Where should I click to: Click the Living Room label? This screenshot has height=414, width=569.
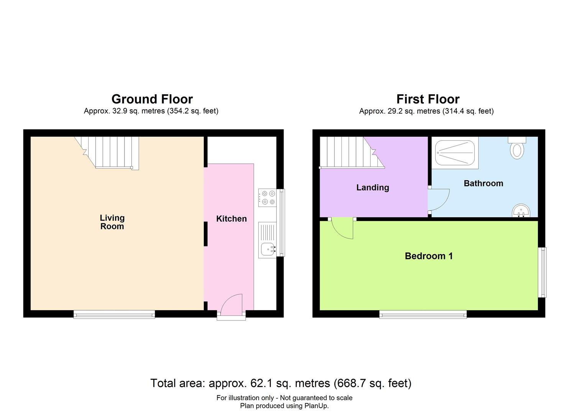112,222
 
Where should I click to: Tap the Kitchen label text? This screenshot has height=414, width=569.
231,219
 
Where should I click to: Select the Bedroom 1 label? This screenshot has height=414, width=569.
428,256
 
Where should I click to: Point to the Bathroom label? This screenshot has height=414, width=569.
483,183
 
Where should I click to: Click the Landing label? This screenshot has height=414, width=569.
372,187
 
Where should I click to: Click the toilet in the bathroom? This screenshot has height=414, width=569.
517,149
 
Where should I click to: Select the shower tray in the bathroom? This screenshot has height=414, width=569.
455,153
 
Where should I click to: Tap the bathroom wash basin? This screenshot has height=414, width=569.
521,211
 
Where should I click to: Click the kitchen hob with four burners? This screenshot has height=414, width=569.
267,198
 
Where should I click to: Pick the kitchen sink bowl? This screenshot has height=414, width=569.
267,250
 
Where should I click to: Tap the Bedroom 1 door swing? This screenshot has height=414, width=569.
342,228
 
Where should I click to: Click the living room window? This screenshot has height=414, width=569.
114,314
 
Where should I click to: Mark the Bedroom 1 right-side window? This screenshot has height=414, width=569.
542,272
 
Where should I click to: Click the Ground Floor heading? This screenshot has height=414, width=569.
152,99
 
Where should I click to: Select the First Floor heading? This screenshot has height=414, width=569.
428,99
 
